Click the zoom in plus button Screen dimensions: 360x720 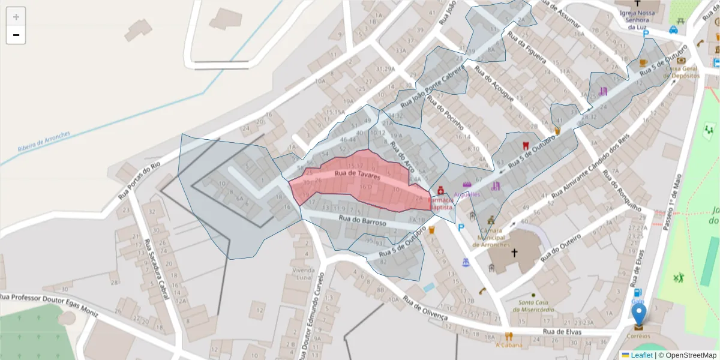tap(16, 17)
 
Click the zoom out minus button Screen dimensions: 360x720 tap(16, 35)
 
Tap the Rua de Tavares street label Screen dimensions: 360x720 tap(358, 175)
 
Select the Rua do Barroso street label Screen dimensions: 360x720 tap(362, 221)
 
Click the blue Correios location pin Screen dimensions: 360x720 tap(640, 314)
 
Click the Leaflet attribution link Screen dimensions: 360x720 tap(641, 355)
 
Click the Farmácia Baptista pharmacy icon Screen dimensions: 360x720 tap(440, 190)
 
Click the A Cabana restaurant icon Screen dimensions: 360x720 tap(509, 336)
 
